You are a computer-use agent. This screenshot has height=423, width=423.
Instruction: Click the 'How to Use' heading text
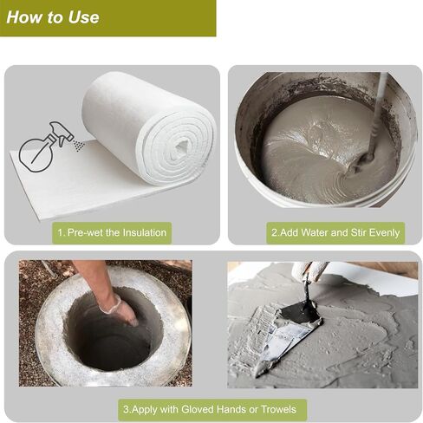53,17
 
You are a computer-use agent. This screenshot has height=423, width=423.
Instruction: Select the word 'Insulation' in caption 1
144,232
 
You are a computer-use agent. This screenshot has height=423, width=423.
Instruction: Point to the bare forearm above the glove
93,279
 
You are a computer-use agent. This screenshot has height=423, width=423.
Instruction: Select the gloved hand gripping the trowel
309,271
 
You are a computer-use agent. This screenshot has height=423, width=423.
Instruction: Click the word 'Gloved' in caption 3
198,409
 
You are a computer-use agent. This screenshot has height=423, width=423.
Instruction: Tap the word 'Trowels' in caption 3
278,409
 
